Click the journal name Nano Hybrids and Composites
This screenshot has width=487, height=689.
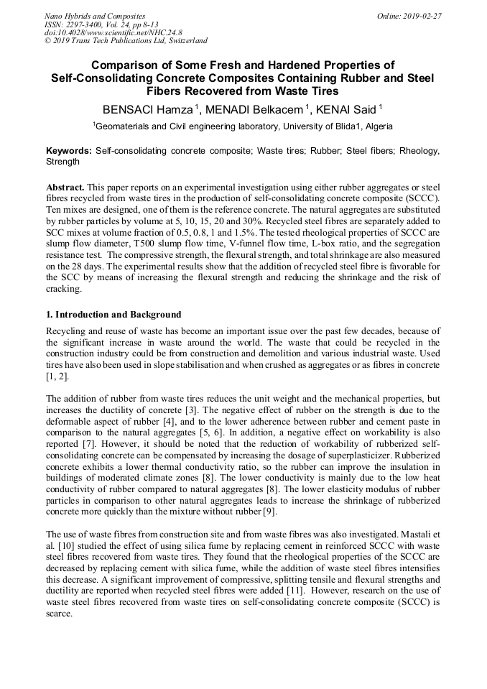point(94,16)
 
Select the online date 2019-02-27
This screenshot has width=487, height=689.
point(422,16)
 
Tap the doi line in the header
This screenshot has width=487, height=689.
point(113,33)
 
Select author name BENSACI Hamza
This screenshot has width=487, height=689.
point(148,109)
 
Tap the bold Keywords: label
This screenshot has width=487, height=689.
point(69,152)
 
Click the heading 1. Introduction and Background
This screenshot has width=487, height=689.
point(113,315)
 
